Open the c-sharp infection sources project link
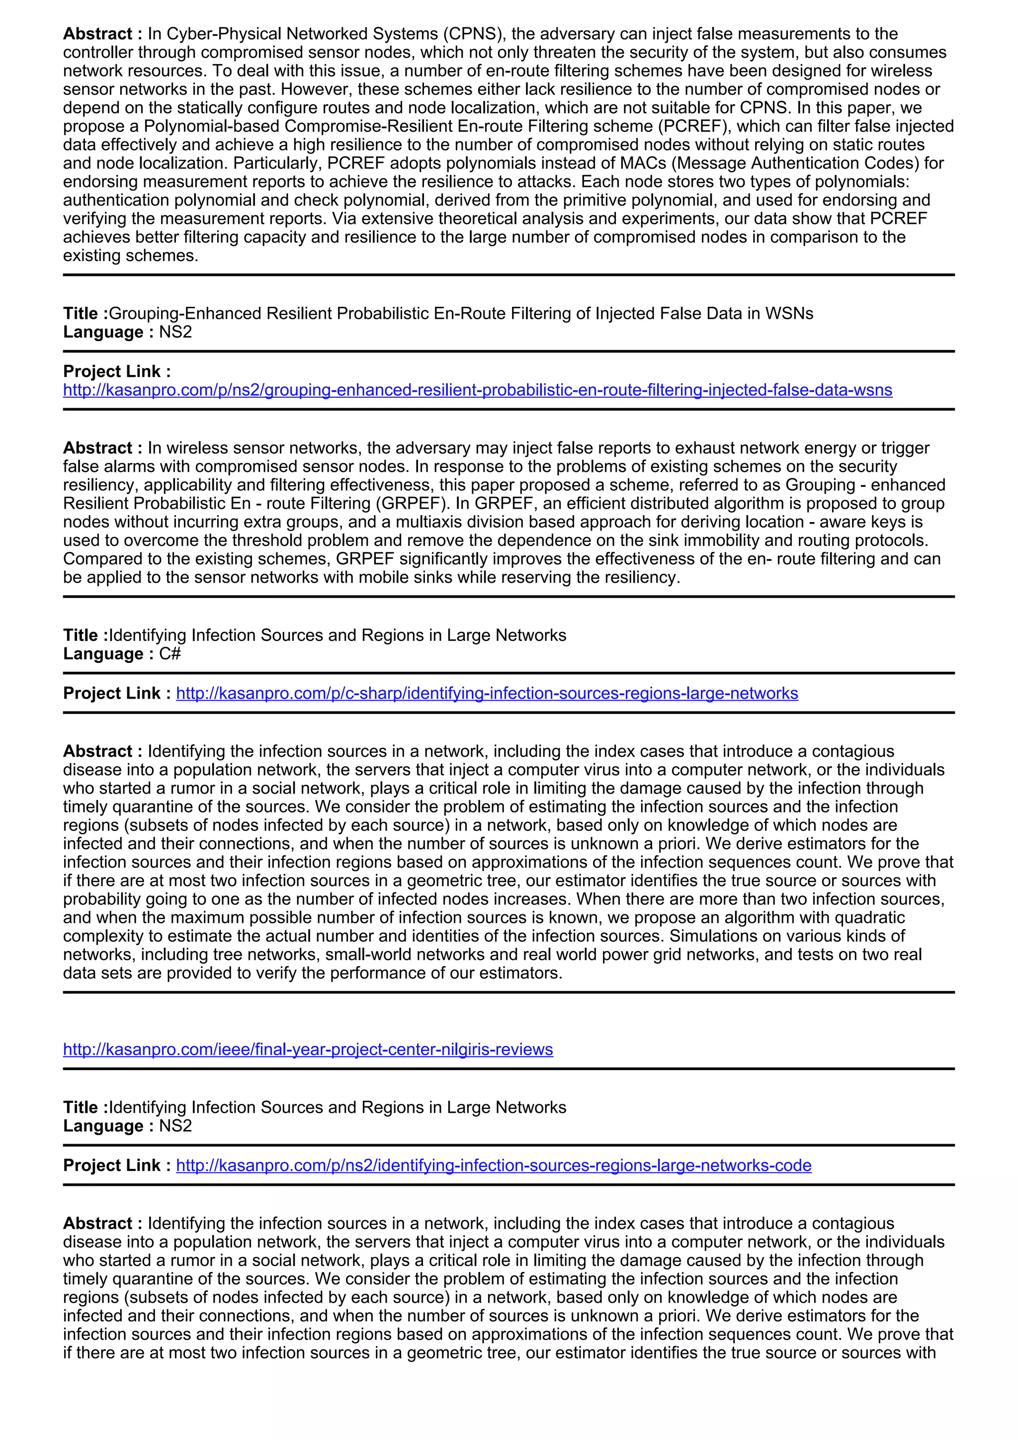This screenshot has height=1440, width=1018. coord(487,693)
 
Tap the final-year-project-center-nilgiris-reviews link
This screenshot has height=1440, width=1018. coord(308,1049)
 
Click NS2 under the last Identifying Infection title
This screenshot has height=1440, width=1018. coord(175,1126)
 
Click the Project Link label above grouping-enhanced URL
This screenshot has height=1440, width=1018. coord(117,371)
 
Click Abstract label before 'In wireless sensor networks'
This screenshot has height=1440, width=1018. coord(98,448)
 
